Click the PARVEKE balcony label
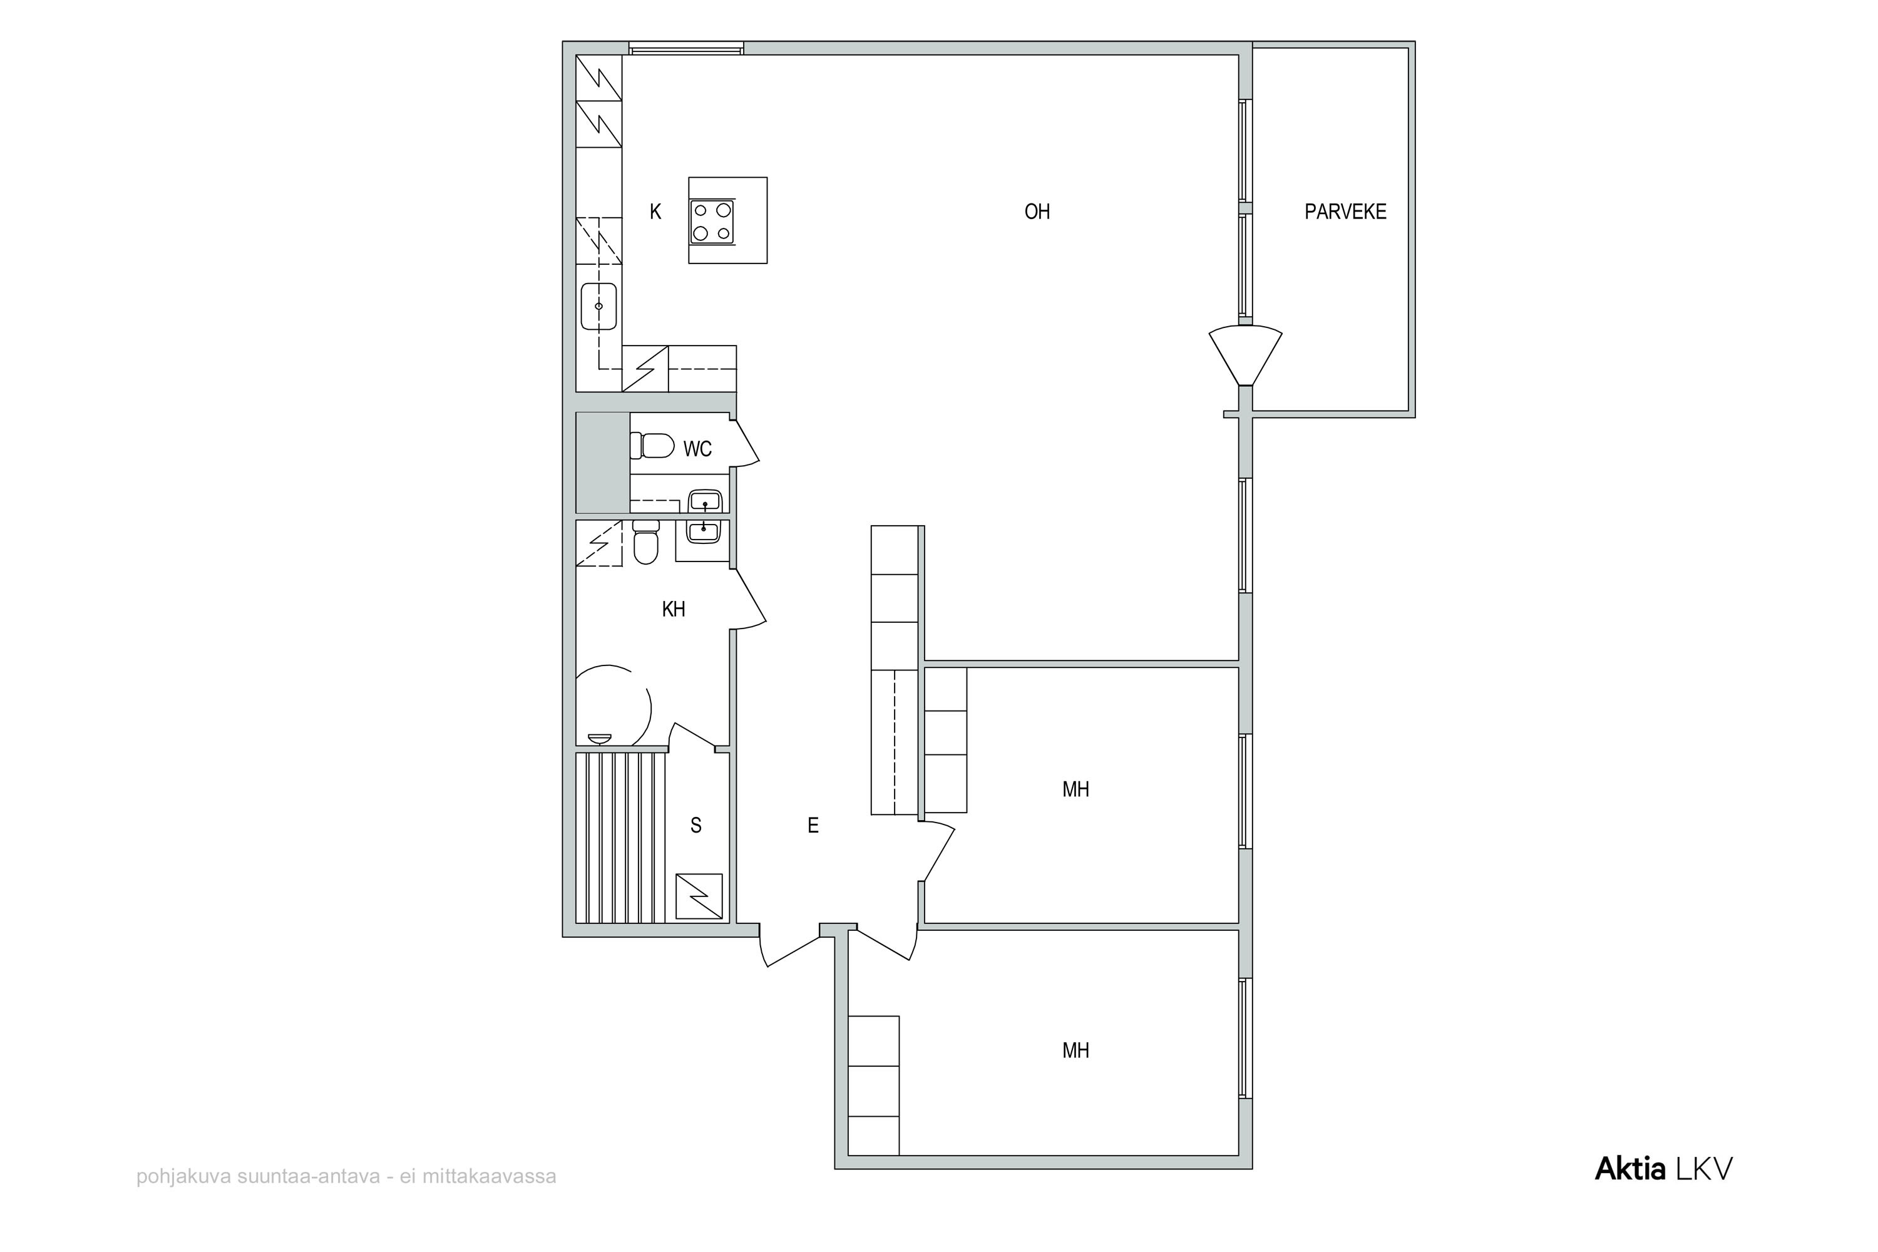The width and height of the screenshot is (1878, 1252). (1345, 212)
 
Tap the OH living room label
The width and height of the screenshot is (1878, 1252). (1037, 212)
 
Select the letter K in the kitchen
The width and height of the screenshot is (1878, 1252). (655, 212)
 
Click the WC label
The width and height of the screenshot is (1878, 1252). (697, 449)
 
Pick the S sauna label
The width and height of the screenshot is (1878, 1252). (695, 826)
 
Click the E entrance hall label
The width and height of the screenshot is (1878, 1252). (813, 826)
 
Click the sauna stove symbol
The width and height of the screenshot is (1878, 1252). (699, 896)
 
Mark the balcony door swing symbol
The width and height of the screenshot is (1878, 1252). (1245, 354)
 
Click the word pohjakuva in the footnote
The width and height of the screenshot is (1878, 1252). (183, 1177)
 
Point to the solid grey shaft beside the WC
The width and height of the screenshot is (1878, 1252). (603, 463)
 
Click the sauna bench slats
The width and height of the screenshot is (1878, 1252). (621, 838)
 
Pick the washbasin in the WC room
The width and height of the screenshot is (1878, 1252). (705, 501)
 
